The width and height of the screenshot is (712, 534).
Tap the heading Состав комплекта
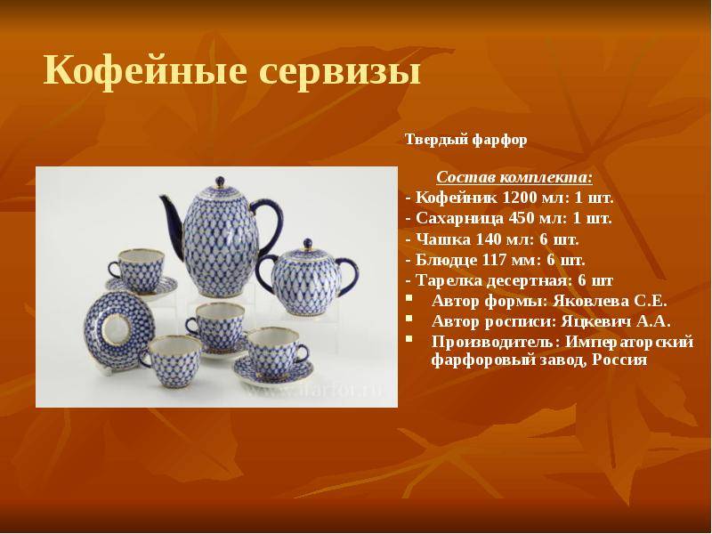tap(514, 177)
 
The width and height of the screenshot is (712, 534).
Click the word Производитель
tap(493, 342)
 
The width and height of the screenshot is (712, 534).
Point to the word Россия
tap(619, 360)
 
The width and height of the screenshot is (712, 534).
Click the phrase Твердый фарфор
tap(465, 140)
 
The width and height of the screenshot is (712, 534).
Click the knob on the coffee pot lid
tap(220, 182)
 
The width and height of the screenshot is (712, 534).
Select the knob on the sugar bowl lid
tap(308, 243)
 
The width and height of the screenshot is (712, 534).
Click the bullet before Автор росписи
tap(410, 319)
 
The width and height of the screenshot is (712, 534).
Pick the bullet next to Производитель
tap(410, 339)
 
